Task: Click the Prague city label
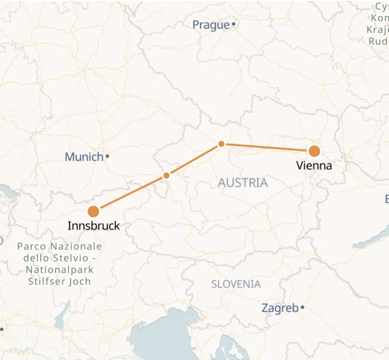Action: (x=211, y=25)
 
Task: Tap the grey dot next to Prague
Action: (x=234, y=24)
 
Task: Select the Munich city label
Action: (x=84, y=157)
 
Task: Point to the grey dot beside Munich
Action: (x=107, y=156)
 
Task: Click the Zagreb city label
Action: (x=280, y=308)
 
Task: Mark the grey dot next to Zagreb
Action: (x=302, y=307)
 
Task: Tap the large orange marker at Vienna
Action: (x=314, y=151)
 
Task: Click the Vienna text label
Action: (x=314, y=166)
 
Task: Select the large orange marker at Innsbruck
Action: (x=93, y=211)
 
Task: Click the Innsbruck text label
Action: (x=94, y=226)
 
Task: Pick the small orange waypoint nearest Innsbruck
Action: (x=166, y=175)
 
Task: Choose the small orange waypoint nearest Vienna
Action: (x=221, y=144)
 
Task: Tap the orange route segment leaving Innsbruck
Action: (x=130, y=193)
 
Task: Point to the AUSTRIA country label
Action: (x=243, y=183)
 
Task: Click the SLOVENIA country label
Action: (x=236, y=284)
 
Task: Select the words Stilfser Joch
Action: (x=59, y=282)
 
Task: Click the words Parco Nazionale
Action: (x=59, y=247)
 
